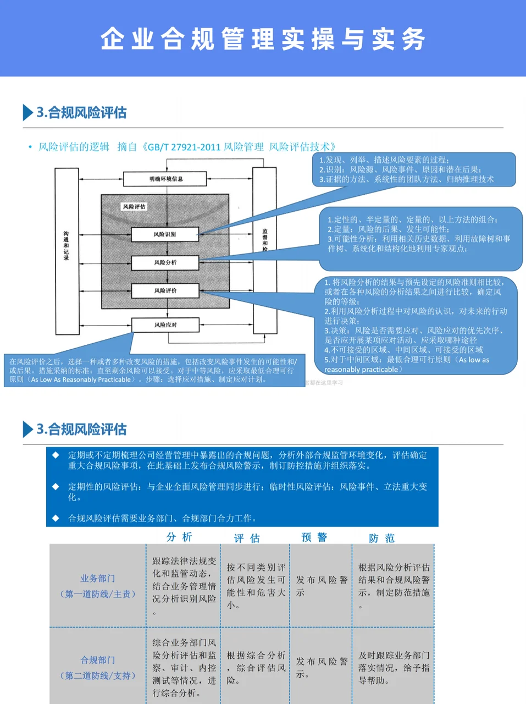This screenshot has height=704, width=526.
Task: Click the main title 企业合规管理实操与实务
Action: (x=263, y=38)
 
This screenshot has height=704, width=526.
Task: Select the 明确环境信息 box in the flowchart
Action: (x=165, y=179)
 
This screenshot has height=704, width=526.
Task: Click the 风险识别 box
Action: (x=165, y=234)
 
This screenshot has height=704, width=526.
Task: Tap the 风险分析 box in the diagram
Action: (x=165, y=262)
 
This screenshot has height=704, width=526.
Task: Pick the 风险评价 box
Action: (x=165, y=290)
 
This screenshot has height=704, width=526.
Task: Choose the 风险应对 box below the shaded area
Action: (x=165, y=324)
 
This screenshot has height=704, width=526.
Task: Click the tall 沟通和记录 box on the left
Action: (x=67, y=251)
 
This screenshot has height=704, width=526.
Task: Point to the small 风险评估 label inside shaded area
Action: (x=134, y=206)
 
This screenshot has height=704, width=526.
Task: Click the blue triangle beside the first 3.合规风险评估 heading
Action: (x=27, y=112)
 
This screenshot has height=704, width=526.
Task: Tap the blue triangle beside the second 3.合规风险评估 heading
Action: (x=27, y=429)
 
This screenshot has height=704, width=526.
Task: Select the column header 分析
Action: (x=179, y=537)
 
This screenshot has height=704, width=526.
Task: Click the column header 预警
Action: (x=314, y=537)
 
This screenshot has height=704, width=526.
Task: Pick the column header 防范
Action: (x=381, y=538)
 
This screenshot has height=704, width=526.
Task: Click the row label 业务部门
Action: (x=98, y=579)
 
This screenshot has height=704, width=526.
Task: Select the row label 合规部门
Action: (x=98, y=660)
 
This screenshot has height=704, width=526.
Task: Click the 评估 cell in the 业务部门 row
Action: (x=256, y=586)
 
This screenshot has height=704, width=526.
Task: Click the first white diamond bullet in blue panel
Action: (x=56, y=455)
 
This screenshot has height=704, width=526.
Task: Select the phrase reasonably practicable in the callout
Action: (x=361, y=370)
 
